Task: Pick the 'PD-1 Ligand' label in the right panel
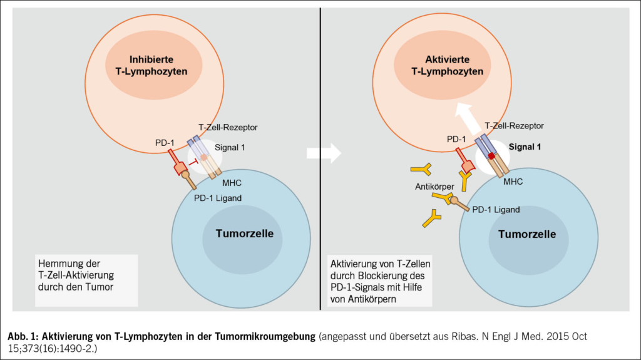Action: click(495, 210)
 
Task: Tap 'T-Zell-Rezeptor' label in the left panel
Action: click(228, 127)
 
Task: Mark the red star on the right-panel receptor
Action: click(492, 155)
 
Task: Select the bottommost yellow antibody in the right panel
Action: click(433, 219)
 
